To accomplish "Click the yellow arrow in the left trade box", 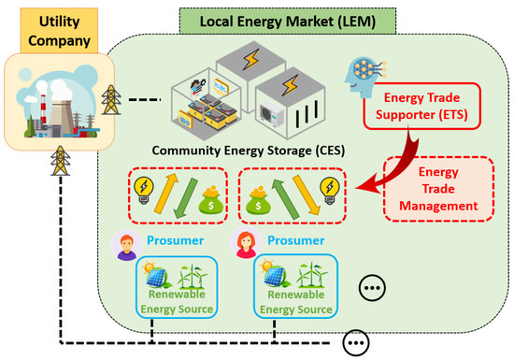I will coord(172,192).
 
